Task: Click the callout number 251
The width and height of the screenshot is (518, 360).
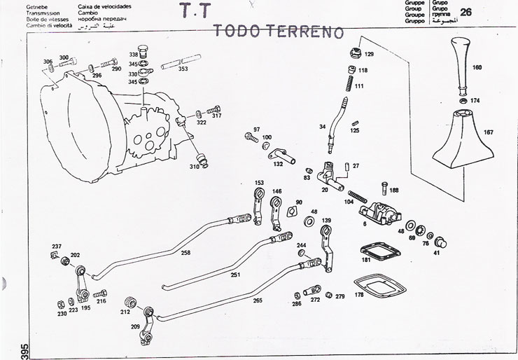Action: [x=235, y=275]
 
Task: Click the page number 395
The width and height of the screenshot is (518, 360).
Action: [x=5, y=350]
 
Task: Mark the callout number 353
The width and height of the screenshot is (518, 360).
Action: [x=183, y=69]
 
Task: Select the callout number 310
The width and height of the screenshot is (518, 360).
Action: [x=194, y=167]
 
